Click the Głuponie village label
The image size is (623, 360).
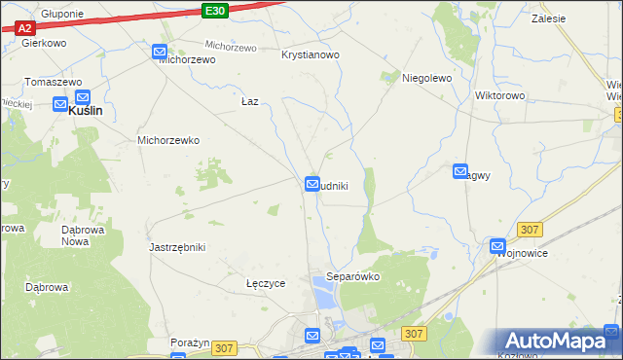coord(62,15)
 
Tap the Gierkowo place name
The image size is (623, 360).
coord(43,44)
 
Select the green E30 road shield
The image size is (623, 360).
coord(216,11)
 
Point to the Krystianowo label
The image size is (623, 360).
coord(311,55)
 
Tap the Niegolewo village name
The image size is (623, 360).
coord(427,78)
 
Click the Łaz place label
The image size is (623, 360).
coord(249,101)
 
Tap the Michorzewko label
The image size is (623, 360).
coord(168,140)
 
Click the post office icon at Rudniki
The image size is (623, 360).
coord(312,183)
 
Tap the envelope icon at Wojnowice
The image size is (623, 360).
coord(497,247)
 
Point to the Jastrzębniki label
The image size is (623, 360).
coord(177,247)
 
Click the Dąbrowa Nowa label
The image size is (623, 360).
coord(82,235)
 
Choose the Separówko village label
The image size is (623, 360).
coord(352,276)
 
